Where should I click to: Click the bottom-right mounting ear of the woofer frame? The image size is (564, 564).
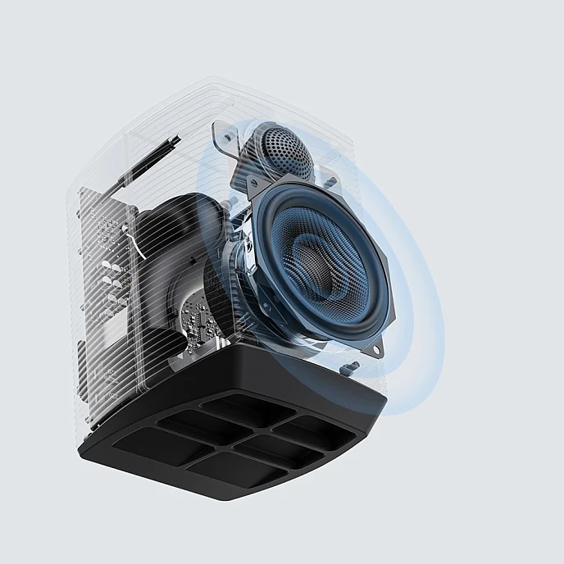(370, 348)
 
